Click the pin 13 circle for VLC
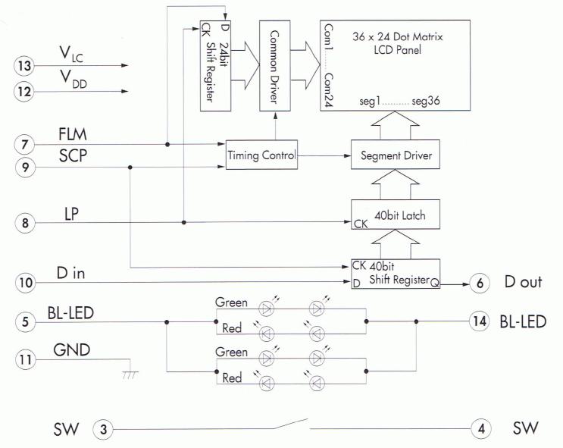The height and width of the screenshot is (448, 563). point(24,66)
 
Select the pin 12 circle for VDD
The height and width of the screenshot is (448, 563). point(24,92)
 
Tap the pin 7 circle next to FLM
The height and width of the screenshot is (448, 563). point(24,143)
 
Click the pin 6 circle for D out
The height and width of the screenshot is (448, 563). point(480,283)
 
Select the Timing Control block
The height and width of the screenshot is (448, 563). point(260,155)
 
